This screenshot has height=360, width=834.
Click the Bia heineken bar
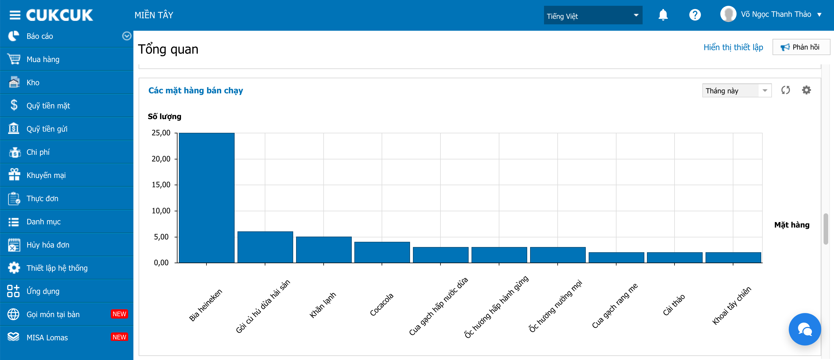click(x=206, y=198)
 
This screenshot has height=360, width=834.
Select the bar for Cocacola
click(x=382, y=252)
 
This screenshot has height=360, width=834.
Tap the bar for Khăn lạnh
click(x=324, y=250)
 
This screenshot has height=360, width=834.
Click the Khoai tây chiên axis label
click(x=731, y=305)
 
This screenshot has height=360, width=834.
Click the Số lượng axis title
click(x=164, y=117)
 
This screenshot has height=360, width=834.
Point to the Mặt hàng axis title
click(x=792, y=225)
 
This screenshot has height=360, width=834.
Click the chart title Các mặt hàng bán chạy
click(x=195, y=91)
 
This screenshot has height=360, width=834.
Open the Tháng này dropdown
click(x=737, y=91)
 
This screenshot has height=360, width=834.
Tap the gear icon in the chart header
click(x=806, y=90)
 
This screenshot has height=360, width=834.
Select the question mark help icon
click(x=695, y=15)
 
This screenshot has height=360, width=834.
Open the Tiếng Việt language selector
click(x=593, y=15)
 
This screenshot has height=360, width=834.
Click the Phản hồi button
click(x=801, y=47)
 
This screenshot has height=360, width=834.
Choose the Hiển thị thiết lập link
click(x=733, y=47)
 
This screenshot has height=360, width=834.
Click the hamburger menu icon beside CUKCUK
click(x=15, y=15)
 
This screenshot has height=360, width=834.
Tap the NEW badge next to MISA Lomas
click(x=119, y=337)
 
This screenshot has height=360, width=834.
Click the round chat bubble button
click(x=804, y=329)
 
